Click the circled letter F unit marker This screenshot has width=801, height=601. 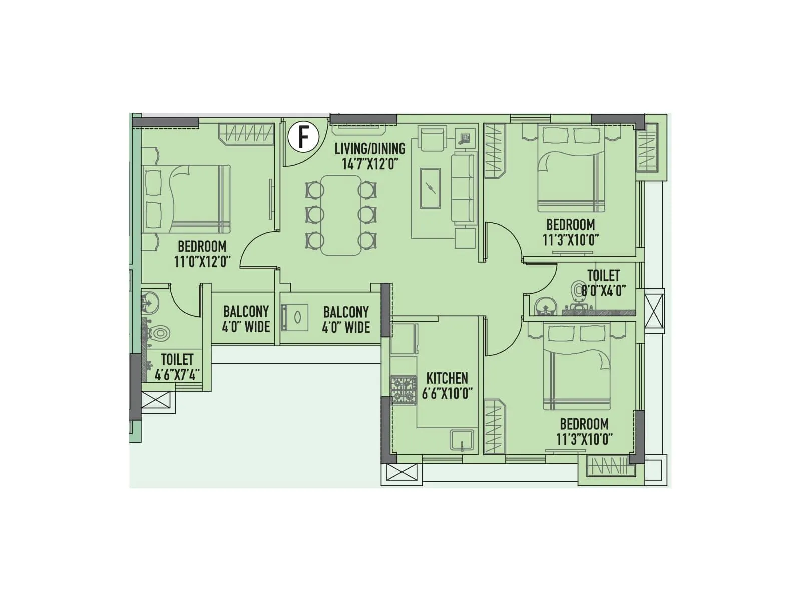(303, 136)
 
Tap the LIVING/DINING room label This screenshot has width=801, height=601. (370, 149)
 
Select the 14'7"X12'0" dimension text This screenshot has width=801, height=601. (370, 164)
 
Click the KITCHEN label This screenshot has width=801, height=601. (447, 378)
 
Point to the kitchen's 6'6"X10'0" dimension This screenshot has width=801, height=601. (447, 393)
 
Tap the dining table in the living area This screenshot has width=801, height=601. (341, 215)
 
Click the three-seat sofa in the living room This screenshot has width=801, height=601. (464, 188)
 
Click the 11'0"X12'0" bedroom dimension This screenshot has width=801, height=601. (202, 262)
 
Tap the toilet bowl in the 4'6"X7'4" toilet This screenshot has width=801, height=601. (160, 332)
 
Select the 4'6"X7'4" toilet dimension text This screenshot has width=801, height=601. (177, 375)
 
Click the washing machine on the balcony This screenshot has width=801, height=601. (296, 318)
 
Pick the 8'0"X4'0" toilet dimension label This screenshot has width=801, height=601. (604, 291)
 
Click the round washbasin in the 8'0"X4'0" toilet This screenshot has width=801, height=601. (544, 307)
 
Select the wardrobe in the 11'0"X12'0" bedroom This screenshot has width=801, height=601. (247, 134)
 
